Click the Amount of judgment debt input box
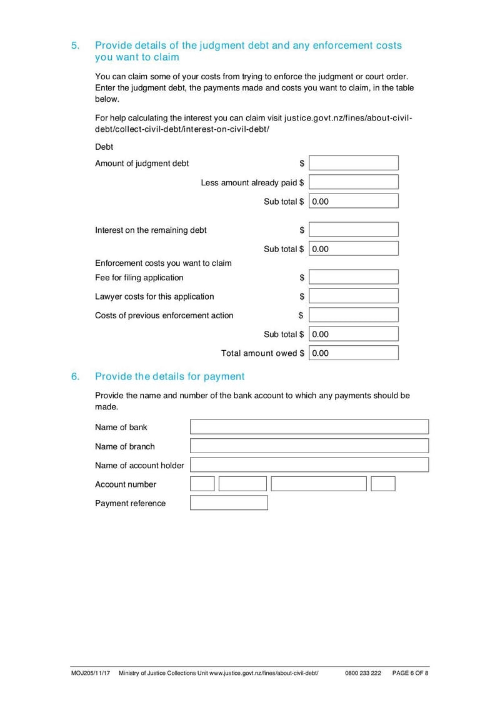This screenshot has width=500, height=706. [353, 163]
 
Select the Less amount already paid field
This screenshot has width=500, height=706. [353, 182]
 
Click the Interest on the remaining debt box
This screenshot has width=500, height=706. [353, 230]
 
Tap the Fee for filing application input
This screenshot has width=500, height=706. [353, 277]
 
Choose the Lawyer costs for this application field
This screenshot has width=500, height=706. [353, 296]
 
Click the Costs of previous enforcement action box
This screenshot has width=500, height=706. [353, 315]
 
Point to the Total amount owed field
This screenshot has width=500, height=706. [353, 353]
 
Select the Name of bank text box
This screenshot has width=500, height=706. [309, 427]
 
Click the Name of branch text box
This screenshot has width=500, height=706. [309, 446]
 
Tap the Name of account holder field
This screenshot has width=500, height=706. [309, 465]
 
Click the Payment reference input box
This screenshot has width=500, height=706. [229, 503]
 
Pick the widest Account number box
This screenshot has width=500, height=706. [319, 484]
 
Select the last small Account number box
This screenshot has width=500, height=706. [383, 484]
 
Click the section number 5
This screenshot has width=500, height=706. [75, 46]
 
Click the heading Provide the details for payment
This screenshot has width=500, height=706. [169, 376]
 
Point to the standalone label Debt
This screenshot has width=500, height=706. [104, 147]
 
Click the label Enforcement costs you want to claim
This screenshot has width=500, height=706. [163, 263]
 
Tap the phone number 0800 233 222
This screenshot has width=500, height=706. [362, 674]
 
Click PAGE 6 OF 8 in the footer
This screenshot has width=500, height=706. [410, 674]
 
